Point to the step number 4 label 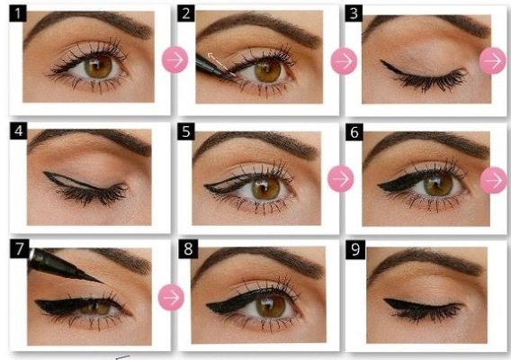pyautogui.click(x=18, y=130)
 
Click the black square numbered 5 pyautogui.click(x=187, y=130)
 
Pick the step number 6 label pyautogui.click(x=354, y=130)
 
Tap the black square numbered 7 pyautogui.click(x=18, y=247)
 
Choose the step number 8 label pyautogui.click(x=187, y=247)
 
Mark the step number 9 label pyautogui.click(x=354, y=247)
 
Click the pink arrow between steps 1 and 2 pyautogui.click(x=174, y=61)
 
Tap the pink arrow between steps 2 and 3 pyautogui.click(x=343, y=61)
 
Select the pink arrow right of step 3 pyautogui.click(x=493, y=61)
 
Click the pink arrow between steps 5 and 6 pyautogui.click(x=339, y=178)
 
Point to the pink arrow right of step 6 pyautogui.click(x=493, y=179)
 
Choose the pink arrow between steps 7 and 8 pyautogui.click(x=171, y=296)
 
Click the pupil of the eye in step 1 pyautogui.click(x=100, y=66)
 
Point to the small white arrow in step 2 pyautogui.click(x=217, y=60)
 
